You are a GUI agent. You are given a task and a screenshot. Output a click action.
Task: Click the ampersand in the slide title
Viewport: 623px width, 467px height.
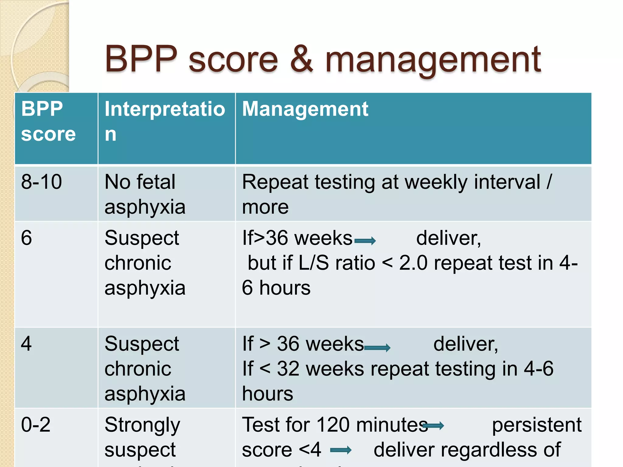301,59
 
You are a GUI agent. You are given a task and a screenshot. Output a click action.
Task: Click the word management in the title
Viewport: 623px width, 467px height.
433,61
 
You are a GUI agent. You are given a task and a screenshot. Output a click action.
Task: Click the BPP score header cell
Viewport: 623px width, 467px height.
48,121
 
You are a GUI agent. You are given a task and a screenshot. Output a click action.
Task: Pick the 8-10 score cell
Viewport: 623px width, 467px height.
42,182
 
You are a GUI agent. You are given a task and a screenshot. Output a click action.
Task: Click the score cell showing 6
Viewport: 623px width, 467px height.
26,238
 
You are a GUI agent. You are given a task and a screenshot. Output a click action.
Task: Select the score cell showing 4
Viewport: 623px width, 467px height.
26,344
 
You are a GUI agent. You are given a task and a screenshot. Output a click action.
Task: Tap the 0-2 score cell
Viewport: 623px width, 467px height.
36,424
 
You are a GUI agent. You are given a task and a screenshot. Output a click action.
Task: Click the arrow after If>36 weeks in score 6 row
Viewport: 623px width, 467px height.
365,241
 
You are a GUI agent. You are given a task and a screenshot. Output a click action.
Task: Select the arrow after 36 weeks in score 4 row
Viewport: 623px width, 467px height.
377,348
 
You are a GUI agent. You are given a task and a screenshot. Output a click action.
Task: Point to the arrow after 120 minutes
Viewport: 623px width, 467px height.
434,426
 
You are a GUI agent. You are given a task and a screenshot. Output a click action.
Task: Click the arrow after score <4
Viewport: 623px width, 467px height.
341,450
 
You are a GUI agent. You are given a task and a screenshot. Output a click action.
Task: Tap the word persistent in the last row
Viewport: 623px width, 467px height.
537,425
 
